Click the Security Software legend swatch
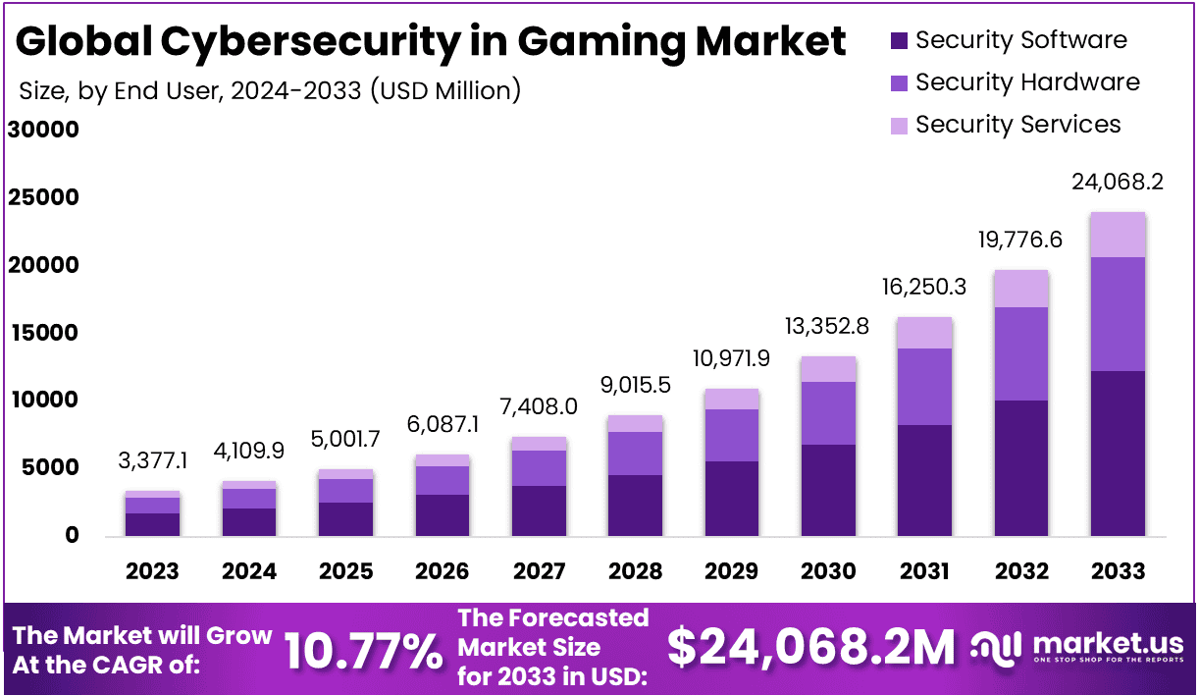tap(900, 41)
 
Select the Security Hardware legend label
tap(1027, 82)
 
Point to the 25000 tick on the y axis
tap(44, 198)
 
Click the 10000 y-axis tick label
tap(44, 401)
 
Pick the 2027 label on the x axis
tap(539, 571)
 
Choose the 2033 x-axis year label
tap(1118, 571)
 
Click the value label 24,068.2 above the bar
tap(1118, 183)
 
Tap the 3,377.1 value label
tap(152, 461)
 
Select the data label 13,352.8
tap(828, 327)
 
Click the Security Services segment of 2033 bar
tap(1118, 235)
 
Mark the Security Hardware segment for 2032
tap(1021, 353)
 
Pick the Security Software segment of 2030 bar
tap(828, 490)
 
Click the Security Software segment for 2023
tap(152, 524)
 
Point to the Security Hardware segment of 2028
tap(635, 454)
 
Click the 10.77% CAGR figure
tap(363, 649)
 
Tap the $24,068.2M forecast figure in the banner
tap(810, 647)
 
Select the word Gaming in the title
tap(589, 41)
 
